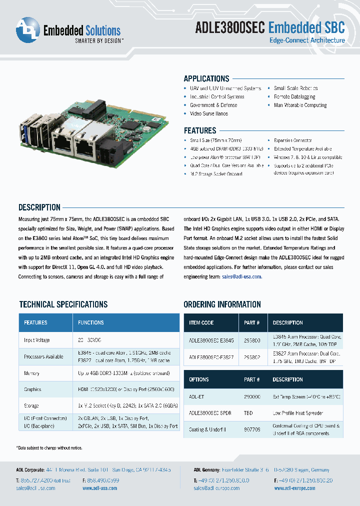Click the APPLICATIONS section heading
[206, 78]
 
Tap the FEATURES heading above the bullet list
[200, 130]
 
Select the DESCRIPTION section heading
[39, 207]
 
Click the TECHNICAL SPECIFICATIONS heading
[63, 304]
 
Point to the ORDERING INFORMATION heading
[222, 304]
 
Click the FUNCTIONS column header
[91, 323]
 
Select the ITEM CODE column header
[201, 323]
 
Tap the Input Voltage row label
[37, 340]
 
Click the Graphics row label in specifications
[32, 389]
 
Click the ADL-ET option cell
[197, 396]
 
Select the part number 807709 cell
[252, 429]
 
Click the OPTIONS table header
[199, 379]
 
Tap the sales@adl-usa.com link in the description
[242, 276]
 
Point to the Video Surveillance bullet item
[209, 113]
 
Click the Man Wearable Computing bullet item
[300, 105]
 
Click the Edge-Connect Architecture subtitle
[307, 40]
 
